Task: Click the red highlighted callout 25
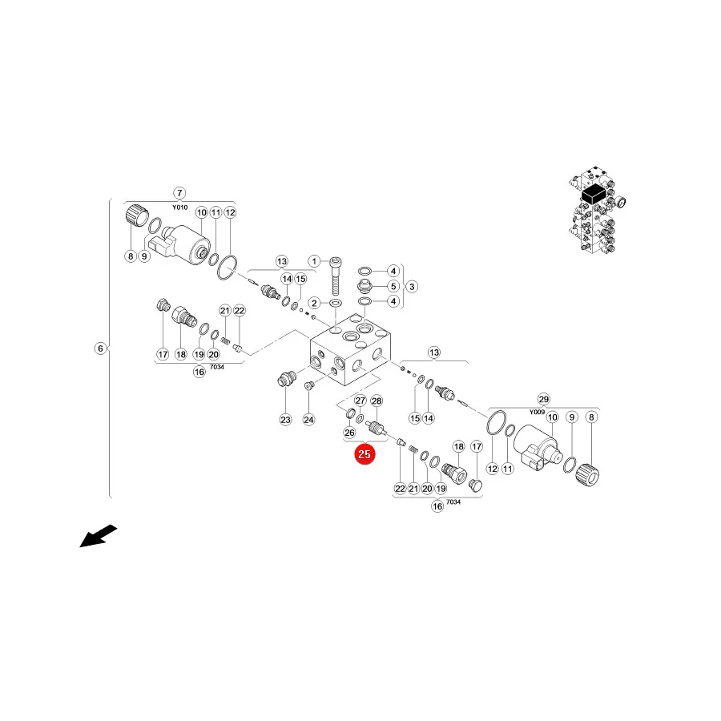365,454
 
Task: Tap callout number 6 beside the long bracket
101,348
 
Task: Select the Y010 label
179,207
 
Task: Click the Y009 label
537,412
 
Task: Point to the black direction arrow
99,536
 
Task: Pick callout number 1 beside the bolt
314,262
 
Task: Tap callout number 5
393,287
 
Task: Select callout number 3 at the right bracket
412,287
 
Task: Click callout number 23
285,419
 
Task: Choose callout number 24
308,419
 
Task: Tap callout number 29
543,399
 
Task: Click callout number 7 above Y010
179,193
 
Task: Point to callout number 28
377,401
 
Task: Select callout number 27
360,401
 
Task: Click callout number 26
349,433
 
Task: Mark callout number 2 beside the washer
314,303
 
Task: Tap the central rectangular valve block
351,349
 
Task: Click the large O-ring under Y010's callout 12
228,267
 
